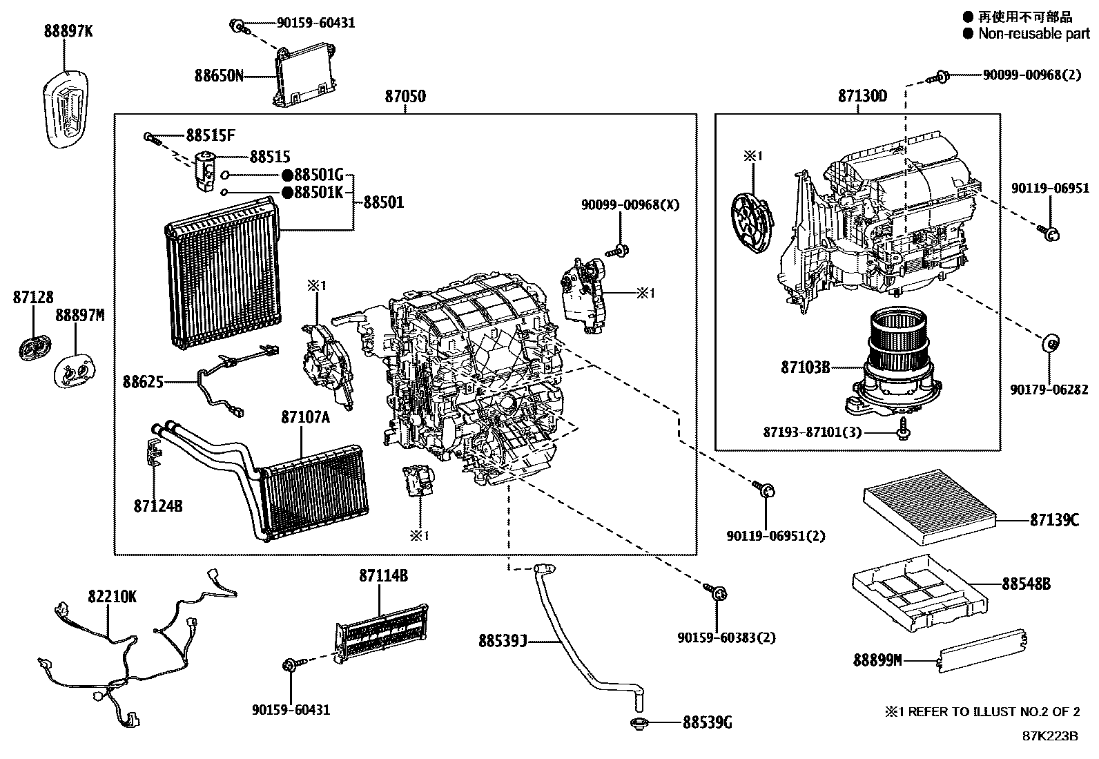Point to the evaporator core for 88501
pos(222,273)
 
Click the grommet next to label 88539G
pos(636,724)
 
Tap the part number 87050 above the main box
pos(405,96)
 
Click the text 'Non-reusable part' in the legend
pos(1033,33)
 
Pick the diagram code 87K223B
pos(1050,736)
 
